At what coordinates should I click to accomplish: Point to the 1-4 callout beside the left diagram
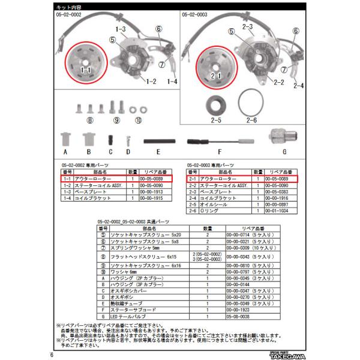[172, 80]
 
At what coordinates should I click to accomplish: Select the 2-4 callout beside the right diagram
[298, 85]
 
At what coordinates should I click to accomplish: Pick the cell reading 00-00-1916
[280, 197]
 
